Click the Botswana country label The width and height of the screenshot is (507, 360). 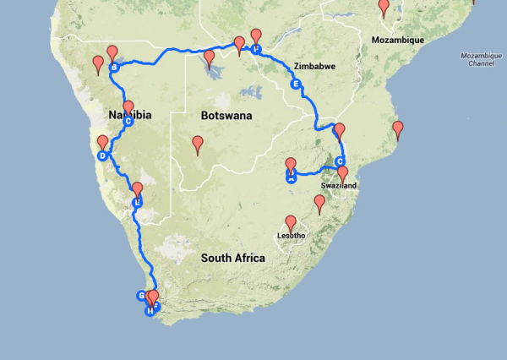226,115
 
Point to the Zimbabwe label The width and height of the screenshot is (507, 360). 315,66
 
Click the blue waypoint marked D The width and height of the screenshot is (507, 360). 102,155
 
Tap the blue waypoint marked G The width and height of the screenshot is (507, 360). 142,295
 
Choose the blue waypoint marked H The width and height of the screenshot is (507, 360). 150,310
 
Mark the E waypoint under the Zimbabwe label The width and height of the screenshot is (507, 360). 295,85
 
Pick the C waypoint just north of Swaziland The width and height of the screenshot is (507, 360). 341,161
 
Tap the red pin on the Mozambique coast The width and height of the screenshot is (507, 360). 397,129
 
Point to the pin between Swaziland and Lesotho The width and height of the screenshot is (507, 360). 319,204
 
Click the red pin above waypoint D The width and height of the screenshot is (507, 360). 103,143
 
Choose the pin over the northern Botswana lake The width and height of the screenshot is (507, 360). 209,58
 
